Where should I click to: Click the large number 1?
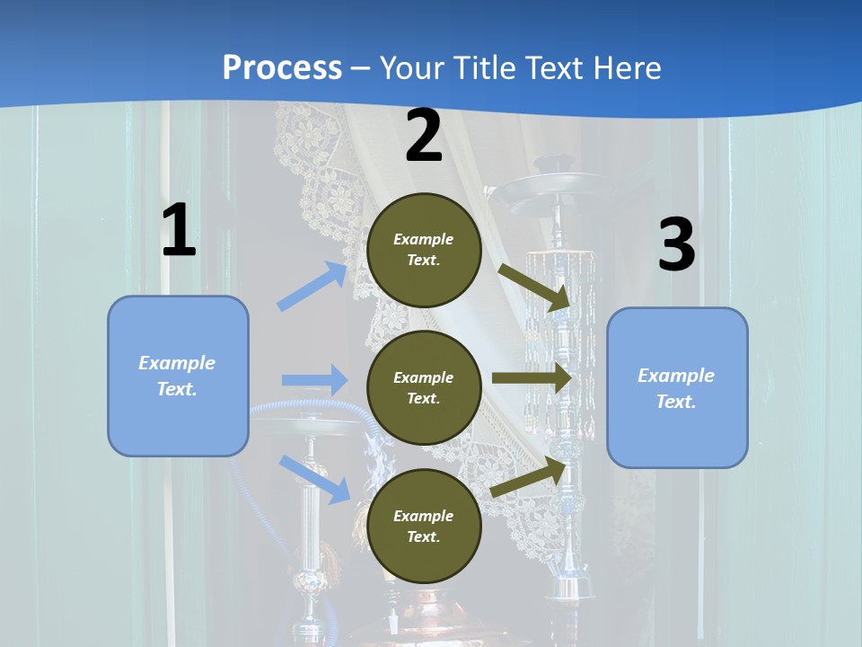tap(179, 230)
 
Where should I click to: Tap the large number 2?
tap(424, 136)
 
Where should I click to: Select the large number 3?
tap(676, 244)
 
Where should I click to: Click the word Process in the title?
tap(282, 67)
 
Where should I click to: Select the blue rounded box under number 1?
tap(178, 376)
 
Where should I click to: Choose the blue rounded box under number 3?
tap(677, 387)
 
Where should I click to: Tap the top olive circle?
tap(424, 250)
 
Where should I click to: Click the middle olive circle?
tap(424, 387)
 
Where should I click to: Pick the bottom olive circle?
tap(424, 526)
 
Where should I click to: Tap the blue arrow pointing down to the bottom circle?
tap(315, 478)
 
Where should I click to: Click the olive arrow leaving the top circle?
tap(534, 287)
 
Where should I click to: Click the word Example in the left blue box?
tap(177, 363)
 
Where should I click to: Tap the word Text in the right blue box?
tap(675, 402)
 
